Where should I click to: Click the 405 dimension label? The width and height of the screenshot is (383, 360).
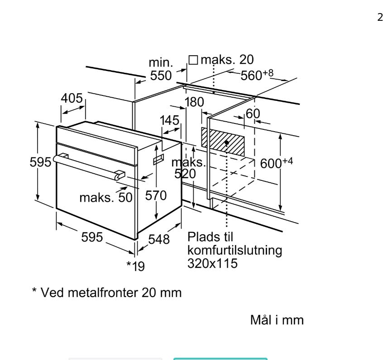tap(72, 98)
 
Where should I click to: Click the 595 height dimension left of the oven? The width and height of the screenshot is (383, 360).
tap(40, 162)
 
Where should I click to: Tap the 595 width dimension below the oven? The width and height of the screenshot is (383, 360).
tap(92, 237)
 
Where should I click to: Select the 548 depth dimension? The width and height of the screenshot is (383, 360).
tap(159, 240)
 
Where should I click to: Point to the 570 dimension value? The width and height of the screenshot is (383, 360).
tap(156, 195)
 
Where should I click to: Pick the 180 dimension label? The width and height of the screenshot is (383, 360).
tap(195, 102)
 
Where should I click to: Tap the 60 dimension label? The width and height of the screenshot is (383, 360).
tap(253, 114)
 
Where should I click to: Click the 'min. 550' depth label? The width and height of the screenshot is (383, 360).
tap(161, 69)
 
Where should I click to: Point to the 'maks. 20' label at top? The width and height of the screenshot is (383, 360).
tap(221, 60)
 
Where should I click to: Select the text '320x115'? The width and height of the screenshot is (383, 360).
tap(212, 263)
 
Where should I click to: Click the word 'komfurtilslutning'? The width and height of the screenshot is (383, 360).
tap(235, 250)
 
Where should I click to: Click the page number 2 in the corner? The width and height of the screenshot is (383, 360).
tap(380, 18)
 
